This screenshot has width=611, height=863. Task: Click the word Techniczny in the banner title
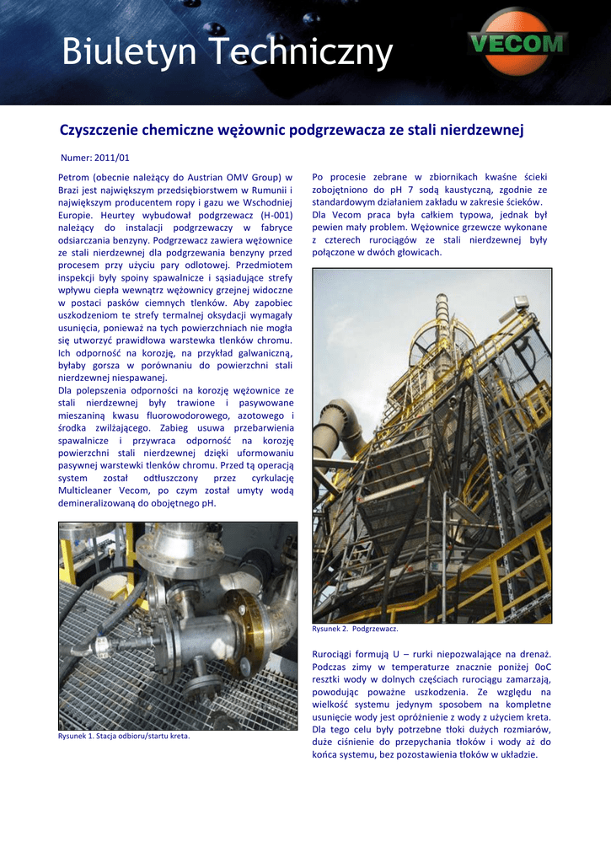tap(301, 53)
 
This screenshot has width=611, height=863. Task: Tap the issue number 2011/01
tap(111, 158)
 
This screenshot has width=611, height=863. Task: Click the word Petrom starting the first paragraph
tap(75, 178)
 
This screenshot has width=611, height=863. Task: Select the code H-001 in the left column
tap(271, 215)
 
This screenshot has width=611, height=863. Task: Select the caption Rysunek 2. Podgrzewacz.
tap(355, 629)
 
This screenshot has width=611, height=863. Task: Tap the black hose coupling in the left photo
tap(101, 647)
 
